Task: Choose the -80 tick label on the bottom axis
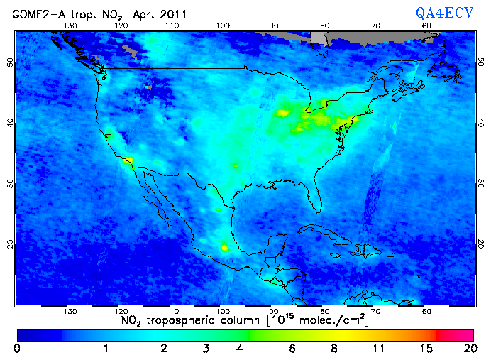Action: (x=322, y=311)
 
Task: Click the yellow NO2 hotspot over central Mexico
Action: (x=226, y=248)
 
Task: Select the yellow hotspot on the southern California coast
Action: (x=128, y=161)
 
